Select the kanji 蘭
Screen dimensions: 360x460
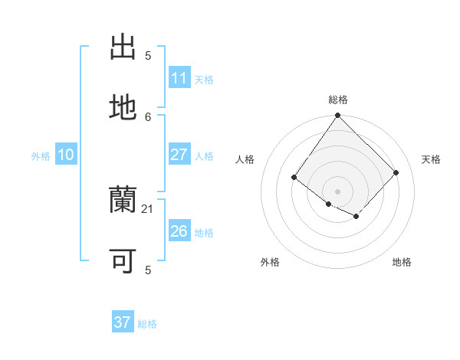(x=123, y=201)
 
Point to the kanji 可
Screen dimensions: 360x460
(x=123, y=261)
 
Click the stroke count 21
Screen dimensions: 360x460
(x=148, y=208)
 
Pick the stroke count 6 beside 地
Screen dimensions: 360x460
(x=148, y=116)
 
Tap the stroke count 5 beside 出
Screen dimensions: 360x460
(x=148, y=56)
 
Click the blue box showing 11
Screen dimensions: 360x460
(x=179, y=78)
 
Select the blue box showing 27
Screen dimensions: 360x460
(x=179, y=155)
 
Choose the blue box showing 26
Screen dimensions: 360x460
(x=179, y=231)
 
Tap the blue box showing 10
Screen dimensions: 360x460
(x=66, y=155)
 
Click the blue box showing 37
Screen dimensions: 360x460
(x=122, y=322)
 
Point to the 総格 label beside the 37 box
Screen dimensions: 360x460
(x=147, y=324)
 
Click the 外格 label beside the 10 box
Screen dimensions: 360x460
(x=41, y=156)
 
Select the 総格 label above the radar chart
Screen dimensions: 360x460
(x=338, y=100)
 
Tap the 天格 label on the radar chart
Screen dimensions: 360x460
(x=431, y=159)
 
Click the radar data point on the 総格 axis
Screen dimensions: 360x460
(x=337, y=116)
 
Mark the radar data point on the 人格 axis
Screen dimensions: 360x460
(x=294, y=178)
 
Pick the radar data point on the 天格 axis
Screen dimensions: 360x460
(x=396, y=172)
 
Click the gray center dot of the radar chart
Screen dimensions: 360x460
(x=337, y=191)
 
